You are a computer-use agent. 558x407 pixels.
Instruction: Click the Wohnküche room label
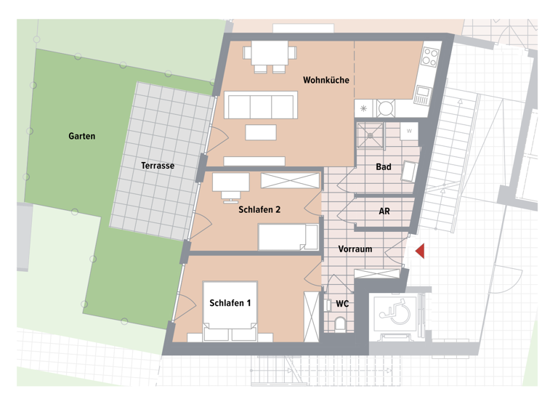pyautogui.click(x=326, y=80)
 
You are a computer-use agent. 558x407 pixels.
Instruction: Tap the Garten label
pyautogui.click(x=81, y=136)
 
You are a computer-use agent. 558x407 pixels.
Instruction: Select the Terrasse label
pyautogui.click(x=158, y=166)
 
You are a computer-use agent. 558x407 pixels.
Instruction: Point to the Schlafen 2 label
pyautogui.click(x=259, y=210)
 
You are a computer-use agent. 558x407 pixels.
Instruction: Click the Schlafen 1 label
pyautogui.click(x=230, y=303)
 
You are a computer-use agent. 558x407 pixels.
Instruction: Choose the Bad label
pyautogui.click(x=384, y=167)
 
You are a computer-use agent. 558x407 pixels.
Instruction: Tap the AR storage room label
pyautogui.click(x=384, y=211)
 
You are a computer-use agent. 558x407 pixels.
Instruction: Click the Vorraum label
pyautogui.click(x=355, y=249)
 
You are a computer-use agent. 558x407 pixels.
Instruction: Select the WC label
pyautogui.click(x=342, y=304)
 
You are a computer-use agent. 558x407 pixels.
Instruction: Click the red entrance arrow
pyautogui.click(x=419, y=251)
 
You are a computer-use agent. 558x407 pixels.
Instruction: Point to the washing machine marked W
pyautogui.click(x=409, y=132)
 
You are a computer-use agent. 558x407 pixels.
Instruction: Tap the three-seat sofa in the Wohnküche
pyautogui.click(x=261, y=105)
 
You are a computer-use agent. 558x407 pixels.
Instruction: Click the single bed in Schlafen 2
pyautogui.click(x=288, y=237)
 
